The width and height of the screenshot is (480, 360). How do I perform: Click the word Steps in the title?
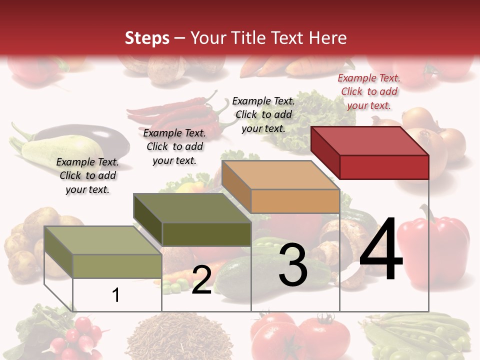click(147, 38)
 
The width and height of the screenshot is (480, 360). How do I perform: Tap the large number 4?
click(381, 250)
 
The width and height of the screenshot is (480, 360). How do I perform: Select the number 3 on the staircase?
click(293, 265)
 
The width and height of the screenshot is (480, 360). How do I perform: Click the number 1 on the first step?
click(116, 295)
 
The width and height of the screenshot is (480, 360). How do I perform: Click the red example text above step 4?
click(369, 91)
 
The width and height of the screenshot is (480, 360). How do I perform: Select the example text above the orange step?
click(263, 114)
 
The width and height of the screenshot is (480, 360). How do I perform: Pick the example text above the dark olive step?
click(174, 146)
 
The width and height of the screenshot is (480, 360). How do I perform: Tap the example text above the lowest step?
click(87, 175)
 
